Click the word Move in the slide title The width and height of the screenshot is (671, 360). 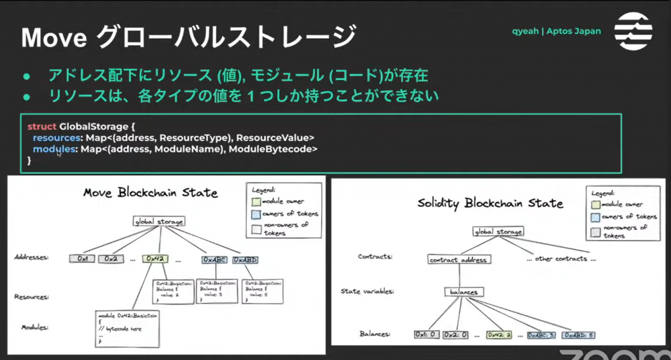pyautogui.click(x=54, y=37)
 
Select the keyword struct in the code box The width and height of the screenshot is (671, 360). pyautogui.click(x=42, y=125)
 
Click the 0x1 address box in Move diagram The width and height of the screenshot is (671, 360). pyautogui.click(x=82, y=259)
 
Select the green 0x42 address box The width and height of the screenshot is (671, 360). pyautogui.click(x=155, y=259)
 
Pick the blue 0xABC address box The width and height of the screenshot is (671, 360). pyautogui.click(x=214, y=260)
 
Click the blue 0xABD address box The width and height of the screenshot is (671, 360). pyautogui.click(x=245, y=260)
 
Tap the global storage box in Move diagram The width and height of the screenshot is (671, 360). pyautogui.click(x=159, y=222)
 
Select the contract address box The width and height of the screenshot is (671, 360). pyautogui.click(x=458, y=259)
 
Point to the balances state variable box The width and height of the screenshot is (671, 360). pyautogui.click(x=464, y=292)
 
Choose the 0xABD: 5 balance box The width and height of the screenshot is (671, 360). pyautogui.click(x=577, y=334)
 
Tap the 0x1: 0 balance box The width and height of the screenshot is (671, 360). pyautogui.click(x=426, y=334)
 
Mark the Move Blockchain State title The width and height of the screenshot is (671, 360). pyautogui.click(x=150, y=192)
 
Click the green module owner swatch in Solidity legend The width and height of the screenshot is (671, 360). pyautogui.click(x=596, y=204)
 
